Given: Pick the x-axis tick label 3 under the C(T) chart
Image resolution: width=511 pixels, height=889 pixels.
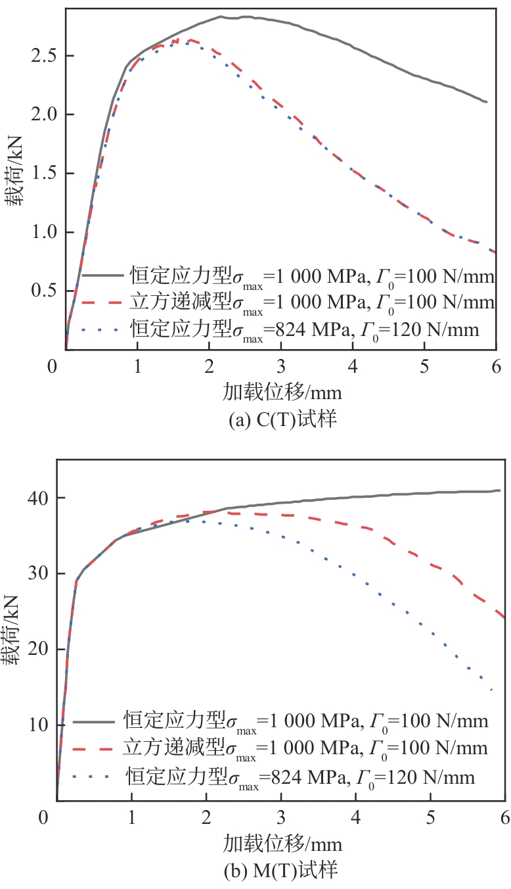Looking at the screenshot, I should tap(281, 366).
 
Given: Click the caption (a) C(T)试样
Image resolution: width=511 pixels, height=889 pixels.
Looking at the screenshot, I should tap(280, 419).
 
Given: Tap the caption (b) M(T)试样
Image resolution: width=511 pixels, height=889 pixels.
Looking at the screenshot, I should tap(280, 871).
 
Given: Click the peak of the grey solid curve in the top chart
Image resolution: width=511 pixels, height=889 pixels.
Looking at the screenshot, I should tap(221, 16).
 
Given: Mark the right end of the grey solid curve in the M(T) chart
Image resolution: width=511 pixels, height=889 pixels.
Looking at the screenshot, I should tap(500, 490).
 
